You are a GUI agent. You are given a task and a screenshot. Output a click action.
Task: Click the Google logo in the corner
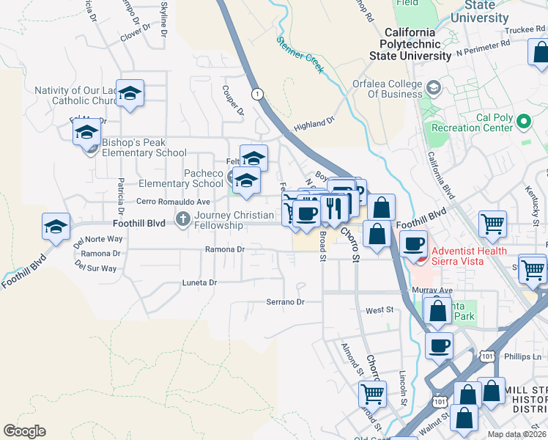click(24, 431)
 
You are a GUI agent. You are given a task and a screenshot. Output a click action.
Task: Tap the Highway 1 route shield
click(257, 94)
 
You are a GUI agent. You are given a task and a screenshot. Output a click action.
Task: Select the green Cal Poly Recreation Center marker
click(523, 121)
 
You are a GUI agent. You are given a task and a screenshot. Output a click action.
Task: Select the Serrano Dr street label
click(284, 301)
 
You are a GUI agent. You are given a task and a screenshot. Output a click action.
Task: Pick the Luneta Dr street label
click(199, 282)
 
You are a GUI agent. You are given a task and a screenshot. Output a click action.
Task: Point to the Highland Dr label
click(314, 122)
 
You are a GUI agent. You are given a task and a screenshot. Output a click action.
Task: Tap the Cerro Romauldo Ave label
click(174, 201)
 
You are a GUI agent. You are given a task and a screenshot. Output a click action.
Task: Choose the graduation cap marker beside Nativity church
click(130, 93)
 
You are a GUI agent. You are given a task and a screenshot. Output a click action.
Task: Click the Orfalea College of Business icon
click(434, 89)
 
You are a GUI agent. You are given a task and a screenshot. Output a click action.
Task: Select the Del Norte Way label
click(97, 239)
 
